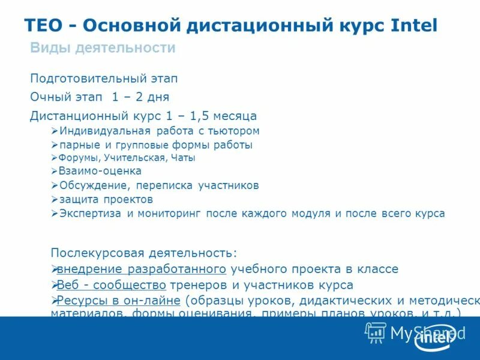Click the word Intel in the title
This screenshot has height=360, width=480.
click(x=414, y=25)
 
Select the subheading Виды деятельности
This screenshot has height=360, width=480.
click(x=103, y=48)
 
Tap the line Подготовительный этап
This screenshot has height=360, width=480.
click(x=104, y=79)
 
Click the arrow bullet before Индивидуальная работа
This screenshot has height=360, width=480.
click(x=55, y=131)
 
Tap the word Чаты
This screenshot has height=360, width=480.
click(x=184, y=158)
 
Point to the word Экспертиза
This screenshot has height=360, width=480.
click(x=91, y=214)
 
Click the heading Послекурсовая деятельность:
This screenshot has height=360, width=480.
click(x=144, y=253)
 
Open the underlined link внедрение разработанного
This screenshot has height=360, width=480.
click(x=142, y=269)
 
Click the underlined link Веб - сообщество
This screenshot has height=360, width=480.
click(x=112, y=285)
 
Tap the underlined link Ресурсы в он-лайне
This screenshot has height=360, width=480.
click(x=119, y=301)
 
